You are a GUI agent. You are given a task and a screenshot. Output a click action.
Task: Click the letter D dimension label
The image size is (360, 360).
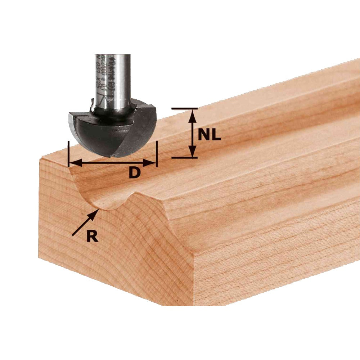pyautogui.click(x=134, y=173)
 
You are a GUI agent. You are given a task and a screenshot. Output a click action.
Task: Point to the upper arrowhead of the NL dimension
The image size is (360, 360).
pyautogui.click(x=193, y=113)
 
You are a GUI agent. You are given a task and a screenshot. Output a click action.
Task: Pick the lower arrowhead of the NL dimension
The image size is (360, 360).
pyautogui.click(x=193, y=153)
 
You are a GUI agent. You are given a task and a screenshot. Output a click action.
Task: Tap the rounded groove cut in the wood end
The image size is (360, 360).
pyautogui.click(x=103, y=194)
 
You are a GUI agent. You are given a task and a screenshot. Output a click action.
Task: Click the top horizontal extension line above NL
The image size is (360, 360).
pyautogui.click(x=184, y=108)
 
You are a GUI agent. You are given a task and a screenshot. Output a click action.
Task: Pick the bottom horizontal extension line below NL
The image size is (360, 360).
pyautogui.click(x=184, y=158)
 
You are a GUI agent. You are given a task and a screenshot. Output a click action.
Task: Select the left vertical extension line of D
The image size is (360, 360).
pyautogui.click(x=68, y=153)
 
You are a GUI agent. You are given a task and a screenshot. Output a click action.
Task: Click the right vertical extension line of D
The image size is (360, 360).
pyautogui.click(x=157, y=153)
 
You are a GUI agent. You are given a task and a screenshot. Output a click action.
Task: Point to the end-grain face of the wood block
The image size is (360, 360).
pyautogui.click(x=108, y=252)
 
